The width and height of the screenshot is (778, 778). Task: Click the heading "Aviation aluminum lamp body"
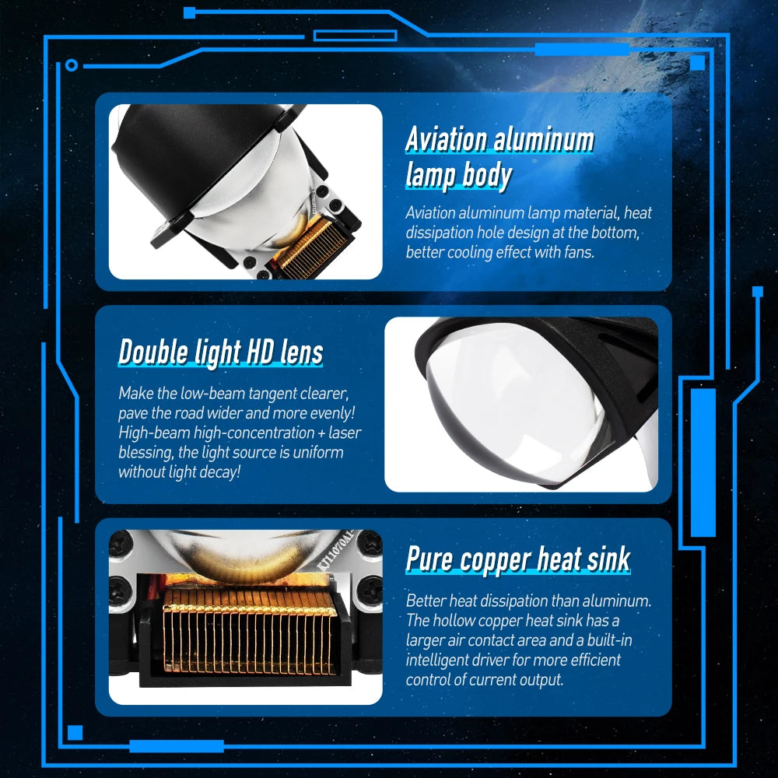[499, 158]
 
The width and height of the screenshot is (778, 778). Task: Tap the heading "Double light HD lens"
[220, 352]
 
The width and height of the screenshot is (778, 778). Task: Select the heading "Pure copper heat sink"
[518, 559]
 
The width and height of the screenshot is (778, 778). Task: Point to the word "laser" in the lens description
[345, 433]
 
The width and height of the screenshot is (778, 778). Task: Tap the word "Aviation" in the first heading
[446, 139]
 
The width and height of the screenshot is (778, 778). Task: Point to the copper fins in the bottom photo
[248, 631]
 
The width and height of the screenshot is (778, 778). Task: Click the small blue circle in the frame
[72, 65]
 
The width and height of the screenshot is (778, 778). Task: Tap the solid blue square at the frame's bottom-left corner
[75, 732]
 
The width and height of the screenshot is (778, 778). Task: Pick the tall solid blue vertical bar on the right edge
[703, 462]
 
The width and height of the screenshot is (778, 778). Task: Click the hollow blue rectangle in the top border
[355, 35]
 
